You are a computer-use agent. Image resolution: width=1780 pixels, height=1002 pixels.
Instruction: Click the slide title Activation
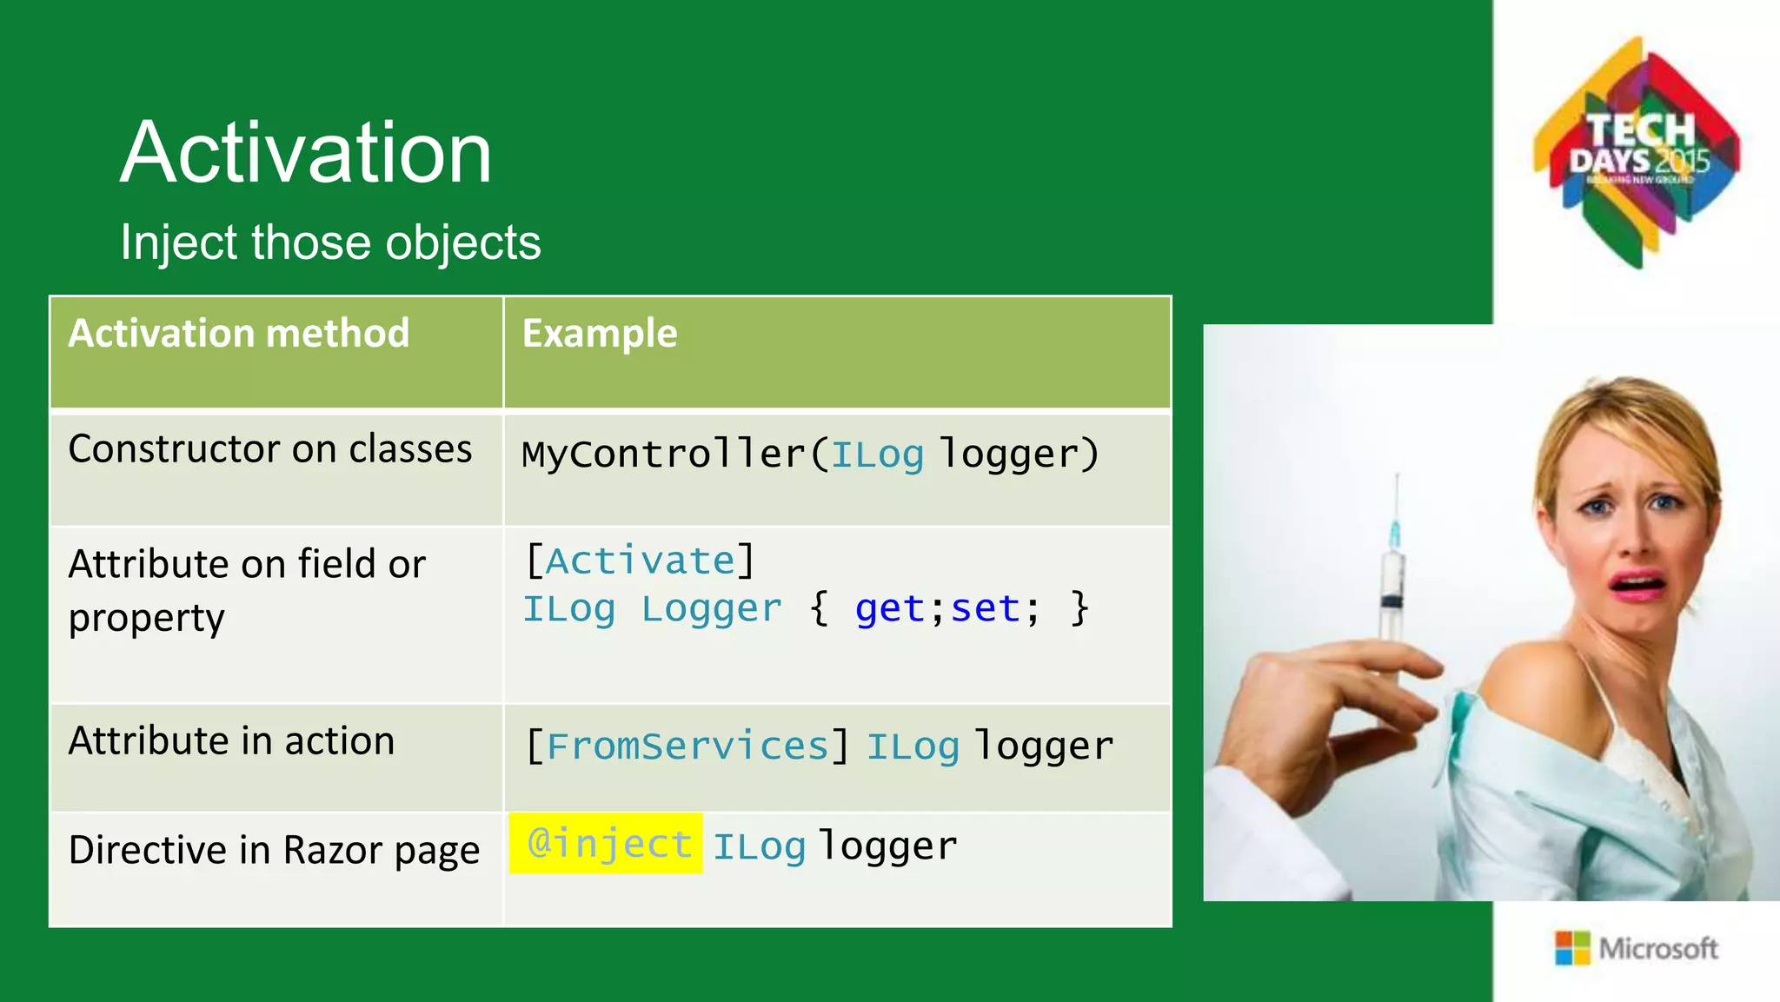pyautogui.click(x=306, y=153)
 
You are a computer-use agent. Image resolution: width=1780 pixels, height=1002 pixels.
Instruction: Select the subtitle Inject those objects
pyautogui.click(x=330, y=242)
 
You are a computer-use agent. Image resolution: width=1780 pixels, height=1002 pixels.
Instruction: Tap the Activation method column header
pyautogui.click(x=239, y=334)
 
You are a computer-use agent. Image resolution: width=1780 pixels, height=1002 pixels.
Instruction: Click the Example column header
pyautogui.click(x=600, y=334)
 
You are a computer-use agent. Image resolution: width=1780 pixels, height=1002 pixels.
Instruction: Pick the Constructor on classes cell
pyautogui.click(x=270, y=449)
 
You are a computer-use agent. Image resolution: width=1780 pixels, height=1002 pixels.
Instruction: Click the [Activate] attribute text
pyautogui.click(x=641, y=561)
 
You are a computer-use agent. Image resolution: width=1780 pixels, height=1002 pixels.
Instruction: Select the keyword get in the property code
pyautogui.click(x=890, y=608)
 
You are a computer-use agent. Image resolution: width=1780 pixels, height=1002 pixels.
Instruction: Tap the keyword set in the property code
pyautogui.click(x=985, y=608)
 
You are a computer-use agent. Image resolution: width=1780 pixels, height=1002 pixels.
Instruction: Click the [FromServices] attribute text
pyautogui.click(x=687, y=746)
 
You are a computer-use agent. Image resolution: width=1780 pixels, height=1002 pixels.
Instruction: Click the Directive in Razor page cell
pyautogui.click(x=274, y=850)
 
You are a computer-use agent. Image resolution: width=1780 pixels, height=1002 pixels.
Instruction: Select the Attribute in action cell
pyautogui.click(x=231, y=741)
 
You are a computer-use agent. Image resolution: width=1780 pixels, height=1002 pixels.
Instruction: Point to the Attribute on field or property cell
pyautogui.click(x=247, y=591)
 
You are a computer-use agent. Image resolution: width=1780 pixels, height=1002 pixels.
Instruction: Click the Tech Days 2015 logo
pyautogui.click(x=1637, y=152)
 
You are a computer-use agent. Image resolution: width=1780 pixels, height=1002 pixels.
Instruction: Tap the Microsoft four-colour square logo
pyautogui.click(x=1571, y=948)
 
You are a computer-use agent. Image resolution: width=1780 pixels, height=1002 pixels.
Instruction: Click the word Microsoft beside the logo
pyautogui.click(x=1658, y=948)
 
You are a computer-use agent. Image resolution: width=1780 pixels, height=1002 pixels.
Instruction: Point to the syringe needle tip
pyautogui.click(x=1397, y=478)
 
